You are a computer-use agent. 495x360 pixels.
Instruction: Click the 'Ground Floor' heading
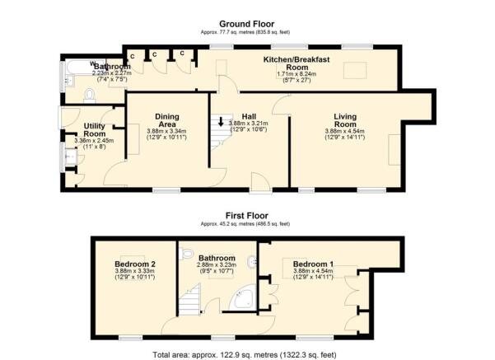click(248, 25)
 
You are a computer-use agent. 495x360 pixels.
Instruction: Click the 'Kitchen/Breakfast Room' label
click(295, 65)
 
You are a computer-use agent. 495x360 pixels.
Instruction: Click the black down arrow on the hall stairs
click(220, 124)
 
